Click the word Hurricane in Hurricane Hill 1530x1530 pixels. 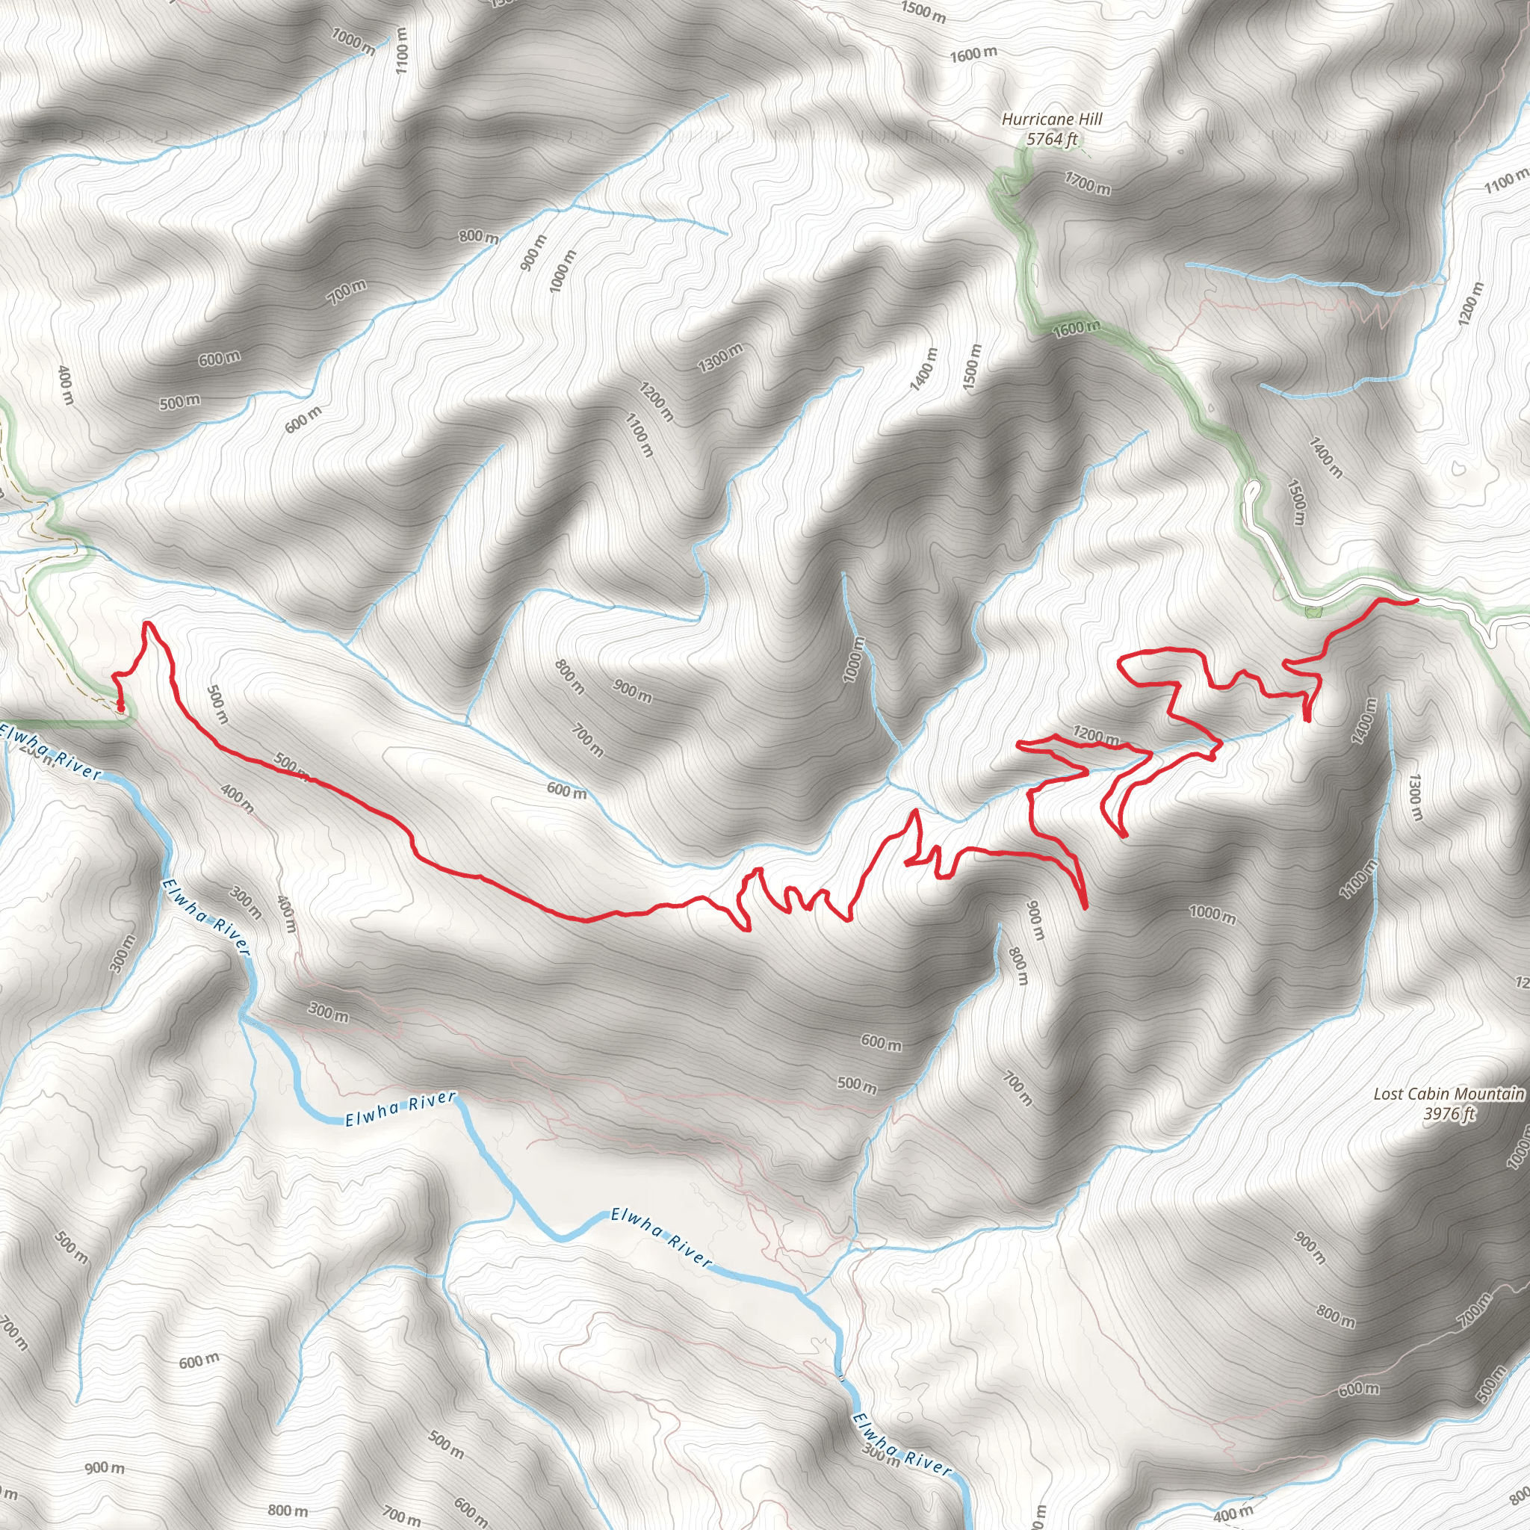point(1034,120)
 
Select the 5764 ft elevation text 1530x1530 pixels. point(1052,140)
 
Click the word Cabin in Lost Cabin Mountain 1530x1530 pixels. point(1422,1094)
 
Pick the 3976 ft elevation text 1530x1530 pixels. point(1449,1113)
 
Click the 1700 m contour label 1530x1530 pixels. point(1087,184)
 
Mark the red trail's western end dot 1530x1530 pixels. point(120,708)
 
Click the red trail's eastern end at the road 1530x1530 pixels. point(1414,602)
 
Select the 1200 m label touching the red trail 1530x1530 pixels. point(1095,736)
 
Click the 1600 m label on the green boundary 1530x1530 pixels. point(1077,327)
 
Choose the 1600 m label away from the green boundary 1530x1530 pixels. point(973,55)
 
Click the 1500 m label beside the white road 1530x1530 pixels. point(1295,502)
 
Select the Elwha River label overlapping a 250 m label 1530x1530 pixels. point(52,752)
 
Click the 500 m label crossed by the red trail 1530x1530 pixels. point(290,765)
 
